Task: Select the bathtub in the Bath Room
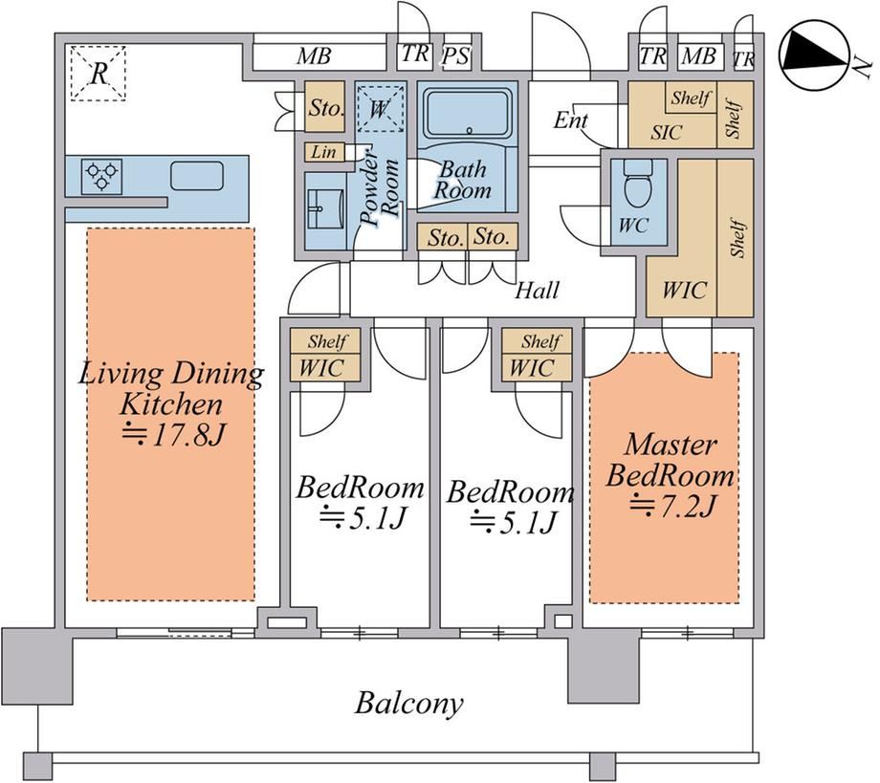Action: click(468, 115)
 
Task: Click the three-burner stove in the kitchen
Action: click(101, 176)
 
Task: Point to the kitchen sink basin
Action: click(196, 176)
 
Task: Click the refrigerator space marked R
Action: click(99, 74)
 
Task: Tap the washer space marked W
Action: click(379, 108)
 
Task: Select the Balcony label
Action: click(409, 704)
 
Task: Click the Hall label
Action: click(538, 291)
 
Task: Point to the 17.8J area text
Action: click(174, 435)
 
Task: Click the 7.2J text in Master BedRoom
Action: click(672, 507)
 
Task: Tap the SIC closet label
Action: click(666, 132)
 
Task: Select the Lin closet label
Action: click(324, 152)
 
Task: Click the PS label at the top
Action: click(455, 56)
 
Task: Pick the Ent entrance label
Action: click(571, 120)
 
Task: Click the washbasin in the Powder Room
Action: click(325, 208)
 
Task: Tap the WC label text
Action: click(633, 226)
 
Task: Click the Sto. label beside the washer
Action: click(325, 107)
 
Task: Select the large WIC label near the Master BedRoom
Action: click(684, 290)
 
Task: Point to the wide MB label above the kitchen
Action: click(315, 56)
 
